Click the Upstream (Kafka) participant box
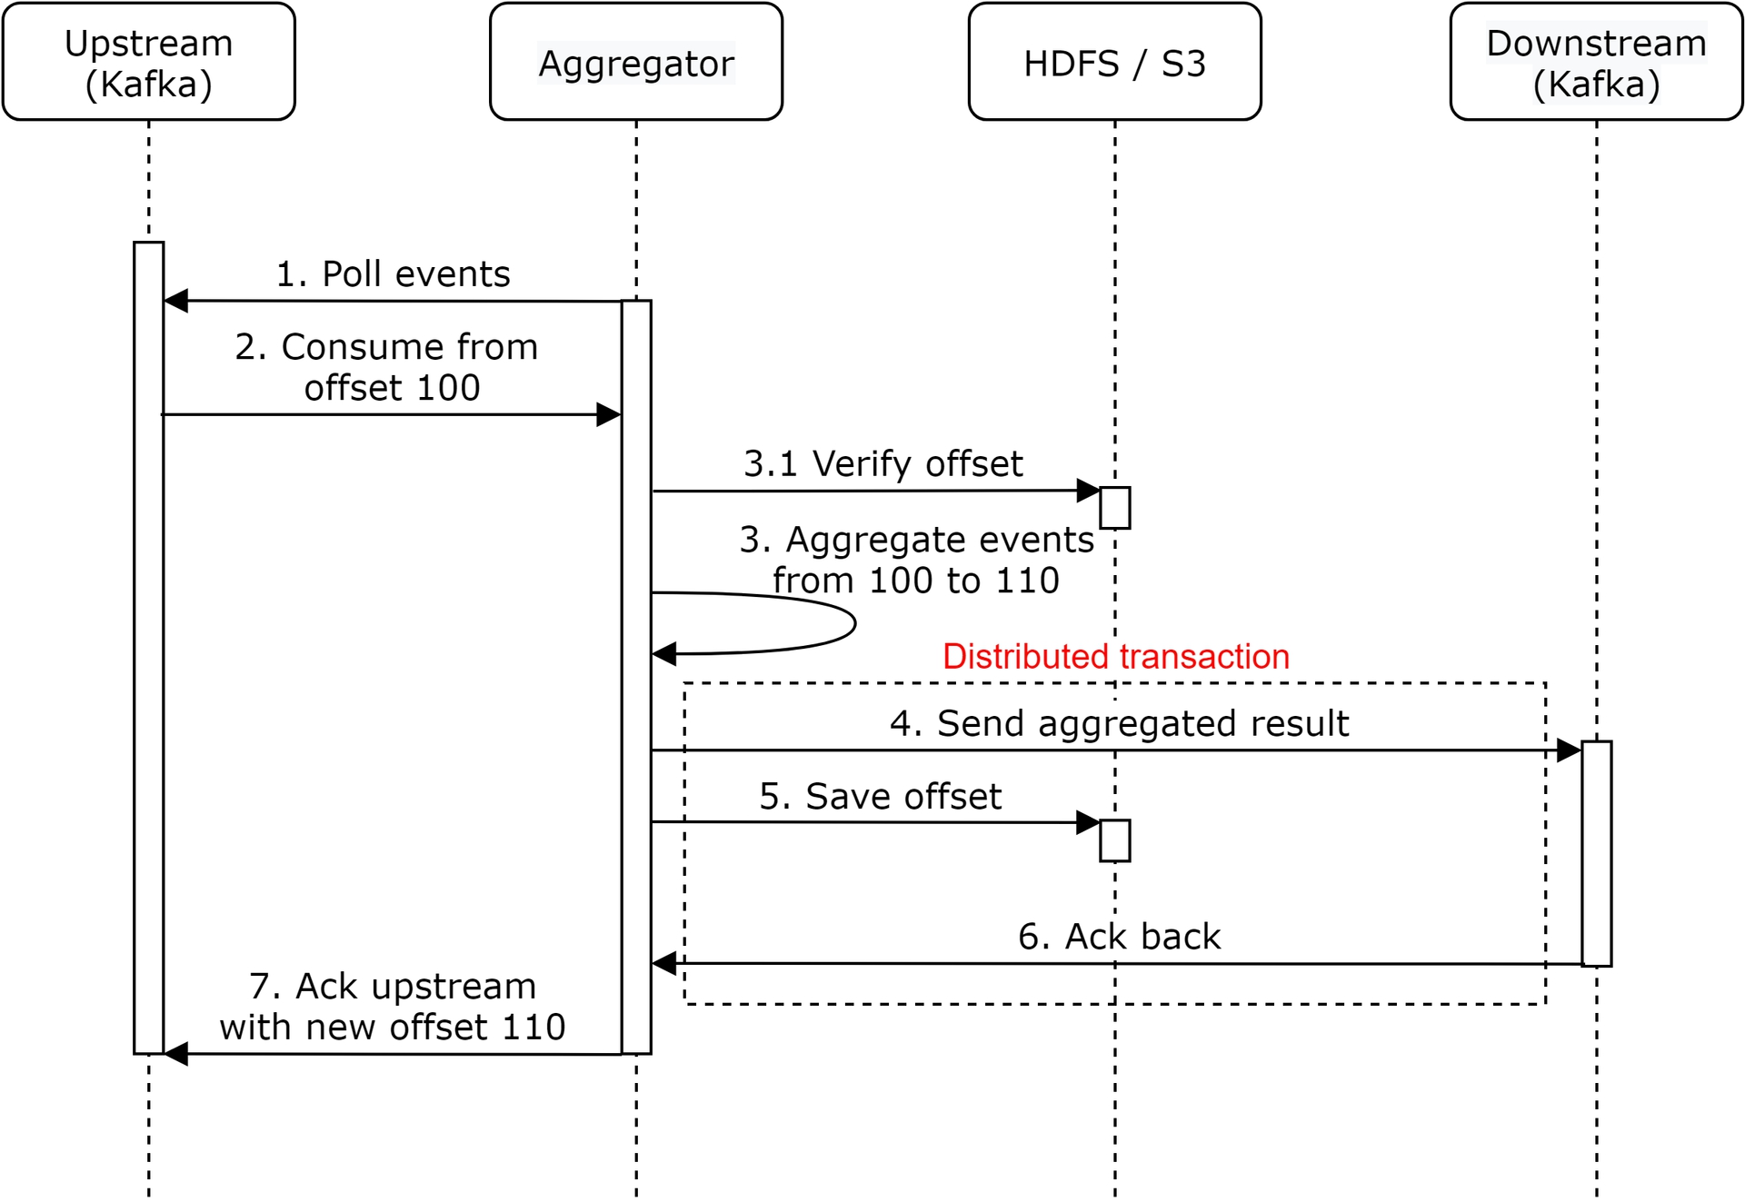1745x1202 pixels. (149, 62)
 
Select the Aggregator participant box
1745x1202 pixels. (636, 62)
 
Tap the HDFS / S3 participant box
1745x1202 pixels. (1115, 62)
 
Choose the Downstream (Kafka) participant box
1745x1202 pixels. (1597, 62)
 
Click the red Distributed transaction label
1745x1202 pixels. (1116, 656)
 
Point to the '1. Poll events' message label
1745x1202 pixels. (394, 273)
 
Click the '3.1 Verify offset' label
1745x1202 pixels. (883, 463)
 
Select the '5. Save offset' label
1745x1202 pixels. (881, 796)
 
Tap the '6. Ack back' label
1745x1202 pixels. (1120, 936)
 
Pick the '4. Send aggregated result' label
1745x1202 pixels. (1120, 723)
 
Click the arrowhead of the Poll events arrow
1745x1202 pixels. (176, 301)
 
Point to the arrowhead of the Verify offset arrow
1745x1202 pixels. (1088, 491)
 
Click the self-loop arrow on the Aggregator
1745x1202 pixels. (855, 623)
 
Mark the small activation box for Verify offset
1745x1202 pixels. (1115, 508)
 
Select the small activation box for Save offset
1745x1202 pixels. (1115, 840)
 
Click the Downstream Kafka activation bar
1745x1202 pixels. (1597, 853)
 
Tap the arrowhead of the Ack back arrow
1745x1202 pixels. (664, 963)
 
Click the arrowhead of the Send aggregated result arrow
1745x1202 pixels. (1569, 750)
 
